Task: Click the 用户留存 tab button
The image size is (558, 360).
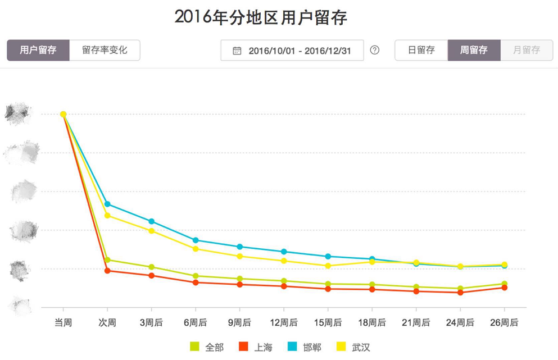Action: [38, 50]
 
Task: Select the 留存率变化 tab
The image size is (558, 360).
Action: [105, 50]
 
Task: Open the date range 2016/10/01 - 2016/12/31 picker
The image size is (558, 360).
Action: [292, 51]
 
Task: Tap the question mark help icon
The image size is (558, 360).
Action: [375, 50]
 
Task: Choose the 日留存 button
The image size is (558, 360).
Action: [421, 50]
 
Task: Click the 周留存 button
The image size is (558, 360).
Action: [474, 50]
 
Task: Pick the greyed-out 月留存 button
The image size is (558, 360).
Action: [527, 50]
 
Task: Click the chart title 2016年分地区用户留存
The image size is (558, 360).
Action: [261, 17]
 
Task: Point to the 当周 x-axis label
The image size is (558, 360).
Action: [63, 322]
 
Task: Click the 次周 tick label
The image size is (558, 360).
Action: [107, 322]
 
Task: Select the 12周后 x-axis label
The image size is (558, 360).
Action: [284, 322]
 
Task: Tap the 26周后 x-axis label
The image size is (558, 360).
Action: [504, 322]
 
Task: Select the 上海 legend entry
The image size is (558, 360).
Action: [256, 347]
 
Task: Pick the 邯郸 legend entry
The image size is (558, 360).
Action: [305, 347]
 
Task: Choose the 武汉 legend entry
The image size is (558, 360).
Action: [353, 347]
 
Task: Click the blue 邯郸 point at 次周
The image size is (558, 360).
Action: [107, 204]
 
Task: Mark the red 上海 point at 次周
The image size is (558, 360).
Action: [107, 271]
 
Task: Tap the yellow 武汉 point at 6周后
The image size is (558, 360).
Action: [196, 249]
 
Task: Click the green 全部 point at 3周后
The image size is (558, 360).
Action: [152, 267]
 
